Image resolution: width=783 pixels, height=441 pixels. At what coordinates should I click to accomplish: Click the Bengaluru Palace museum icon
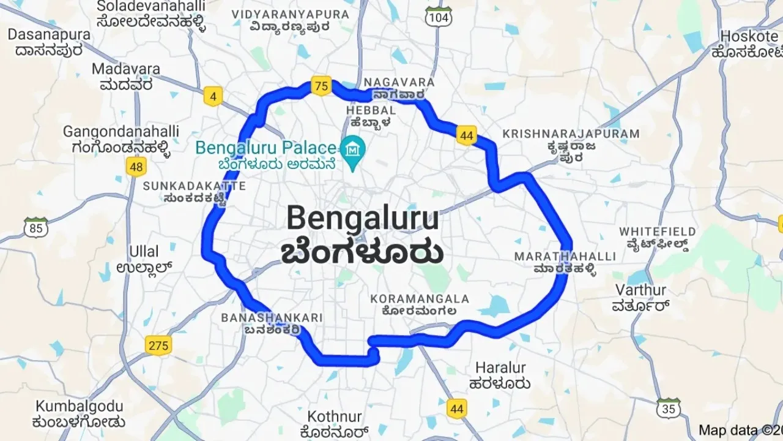pyautogui.click(x=354, y=148)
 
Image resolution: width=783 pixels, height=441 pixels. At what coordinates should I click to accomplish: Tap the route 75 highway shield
pyautogui.click(x=321, y=86)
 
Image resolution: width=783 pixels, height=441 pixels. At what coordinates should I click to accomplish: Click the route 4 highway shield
pyautogui.click(x=213, y=97)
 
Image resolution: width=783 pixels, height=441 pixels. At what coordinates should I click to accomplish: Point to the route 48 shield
pyautogui.click(x=136, y=167)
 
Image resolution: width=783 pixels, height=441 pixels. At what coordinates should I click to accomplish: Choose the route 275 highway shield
pyautogui.click(x=158, y=345)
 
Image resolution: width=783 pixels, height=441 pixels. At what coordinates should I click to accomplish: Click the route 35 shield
pyautogui.click(x=670, y=408)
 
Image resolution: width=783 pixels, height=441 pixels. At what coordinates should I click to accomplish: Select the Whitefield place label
pyautogui.click(x=657, y=232)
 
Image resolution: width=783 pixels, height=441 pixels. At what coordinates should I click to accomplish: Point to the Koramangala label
pyautogui.click(x=420, y=299)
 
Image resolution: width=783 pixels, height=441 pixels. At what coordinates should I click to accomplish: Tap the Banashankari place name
pyautogui.click(x=272, y=317)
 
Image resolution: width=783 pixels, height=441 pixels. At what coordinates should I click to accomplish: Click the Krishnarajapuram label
pyautogui.click(x=570, y=134)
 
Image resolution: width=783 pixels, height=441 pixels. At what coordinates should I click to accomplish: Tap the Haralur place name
pyautogui.click(x=500, y=368)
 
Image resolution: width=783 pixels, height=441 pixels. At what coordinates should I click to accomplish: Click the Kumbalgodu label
pyautogui.click(x=80, y=407)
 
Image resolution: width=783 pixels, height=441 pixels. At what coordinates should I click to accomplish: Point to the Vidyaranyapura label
pyautogui.click(x=290, y=14)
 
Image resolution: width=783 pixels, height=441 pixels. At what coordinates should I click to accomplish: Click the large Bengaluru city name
pyautogui.click(x=362, y=219)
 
